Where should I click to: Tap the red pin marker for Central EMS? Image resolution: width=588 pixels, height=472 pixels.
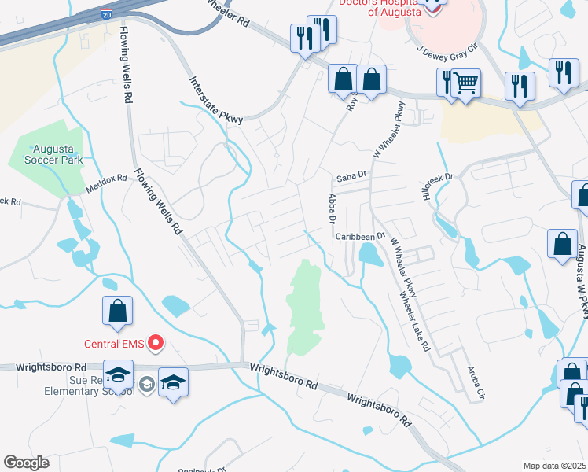point(156,343)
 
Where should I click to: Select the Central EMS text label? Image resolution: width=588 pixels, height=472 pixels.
point(116,344)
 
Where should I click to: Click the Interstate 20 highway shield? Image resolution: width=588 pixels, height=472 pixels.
point(107,14)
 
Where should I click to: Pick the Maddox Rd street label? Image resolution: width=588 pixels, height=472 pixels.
point(106,183)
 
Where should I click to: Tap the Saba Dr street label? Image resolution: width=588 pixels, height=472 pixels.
point(351,175)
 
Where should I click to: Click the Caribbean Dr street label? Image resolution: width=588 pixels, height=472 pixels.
point(358,236)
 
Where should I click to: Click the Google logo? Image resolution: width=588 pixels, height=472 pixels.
point(26,463)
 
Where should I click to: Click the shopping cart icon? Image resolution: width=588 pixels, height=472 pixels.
point(466,82)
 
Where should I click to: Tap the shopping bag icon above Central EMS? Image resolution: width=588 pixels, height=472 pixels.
point(116,310)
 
